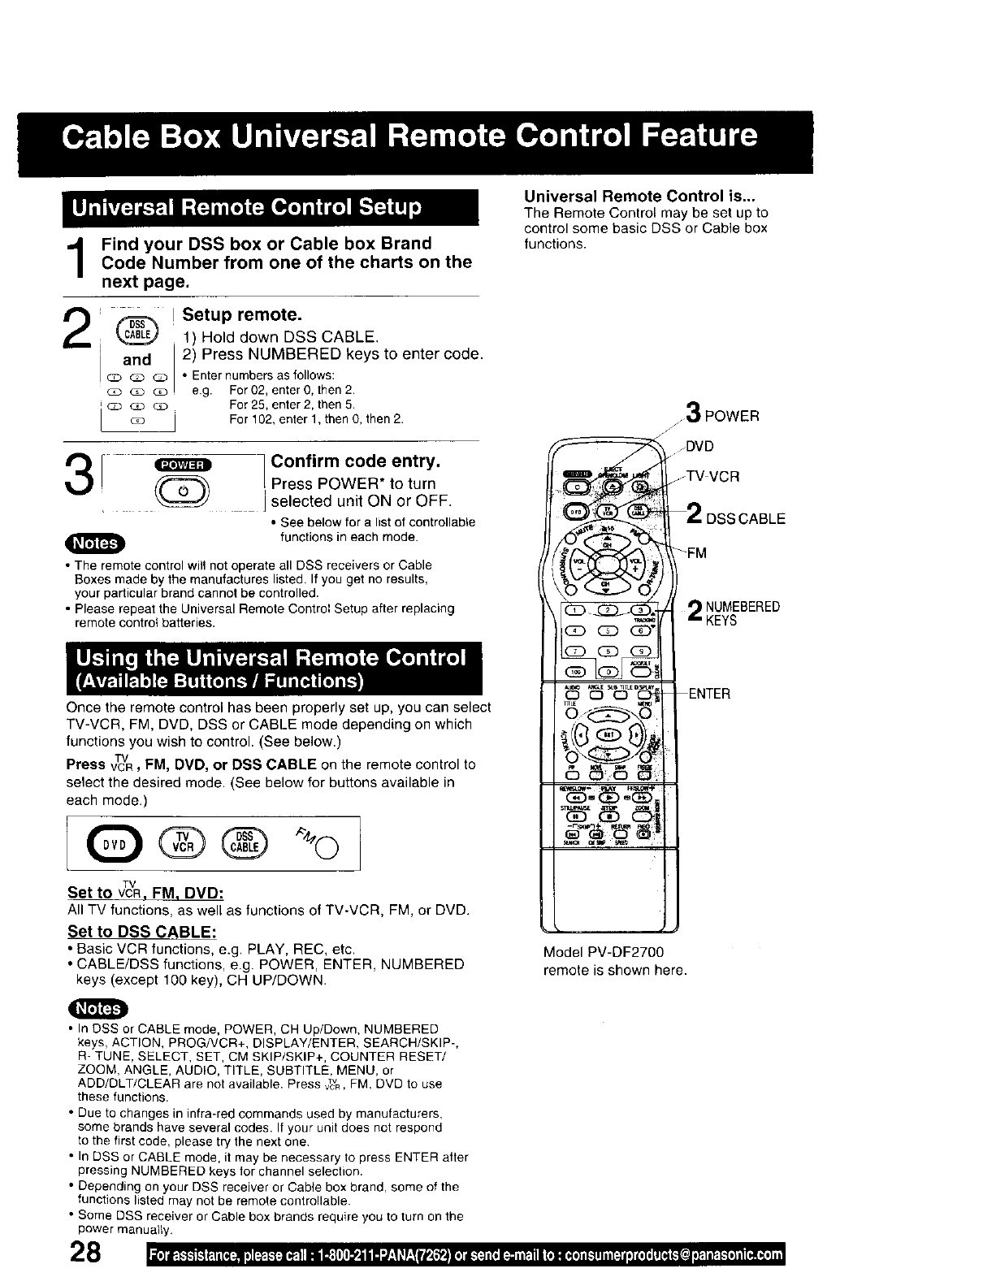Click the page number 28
pyautogui.click(x=84, y=1252)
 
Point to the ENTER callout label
pyautogui.click(x=708, y=693)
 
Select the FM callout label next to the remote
pyautogui.click(x=696, y=553)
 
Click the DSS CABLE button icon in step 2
pyautogui.click(x=136, y=329)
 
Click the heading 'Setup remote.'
pyautogui.click(x=231, y=314)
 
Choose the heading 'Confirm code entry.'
pyautogui.click(x=356, y=461)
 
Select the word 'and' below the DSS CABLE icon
pyautogui.click(x=136, y=359)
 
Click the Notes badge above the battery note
pyautogui.click(x=94, y=543)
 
